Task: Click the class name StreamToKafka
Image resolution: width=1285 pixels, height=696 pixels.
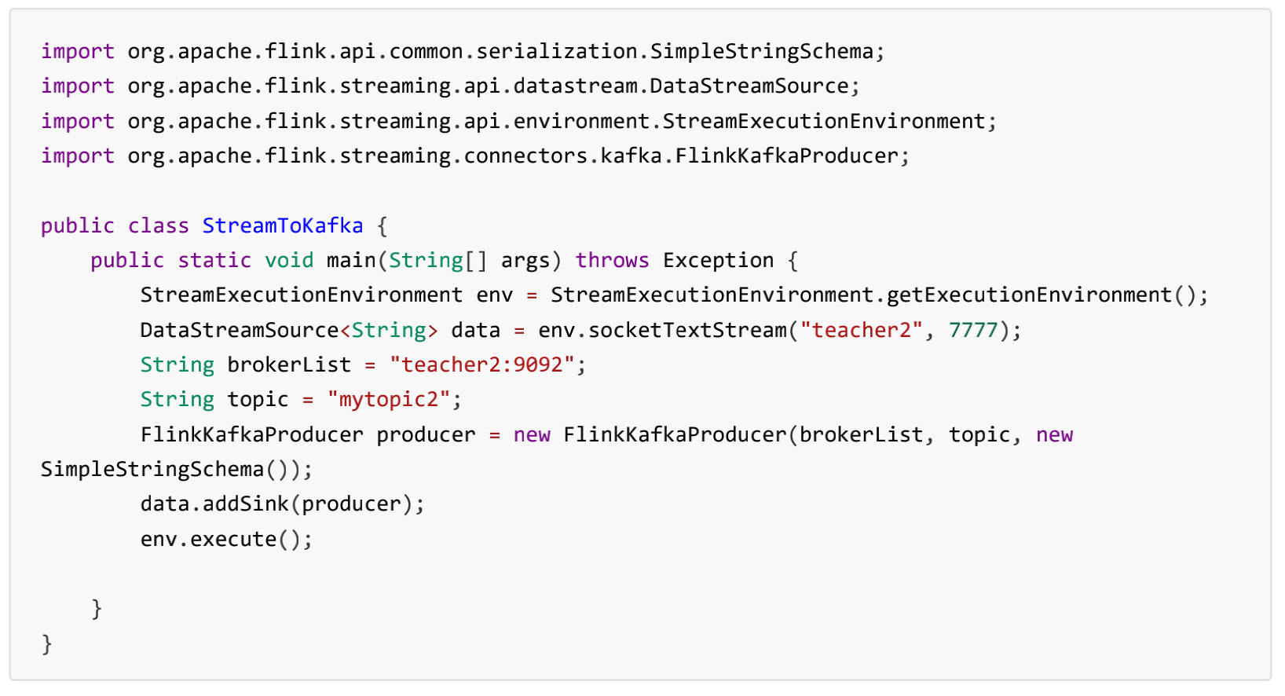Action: pyautogui.click(x=283, y=226)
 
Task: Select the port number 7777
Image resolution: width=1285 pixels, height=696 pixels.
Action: pyautogui.click(x=972, y=331)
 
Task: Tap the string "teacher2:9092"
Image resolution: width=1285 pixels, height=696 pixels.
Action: pyautogui.click(x=482, y=365)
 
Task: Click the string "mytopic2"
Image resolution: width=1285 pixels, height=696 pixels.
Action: pyautogui.click(x=388, y=400)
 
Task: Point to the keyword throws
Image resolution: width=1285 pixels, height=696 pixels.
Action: pyautogui.click(x=612, y=261)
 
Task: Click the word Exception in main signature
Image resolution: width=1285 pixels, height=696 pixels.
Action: pyautogui.click(x=718, y=261)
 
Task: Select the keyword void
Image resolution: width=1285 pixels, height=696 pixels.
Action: pyautogui.click(x=289, y=261)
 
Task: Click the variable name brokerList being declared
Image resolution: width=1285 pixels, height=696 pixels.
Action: pyautogui.click(x=289, y=365)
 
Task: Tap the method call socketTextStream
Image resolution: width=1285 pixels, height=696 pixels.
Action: pyautogui.click(x=687, y=331)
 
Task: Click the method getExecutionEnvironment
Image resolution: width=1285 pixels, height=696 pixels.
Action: pyautogui.click(x=1029, y=295)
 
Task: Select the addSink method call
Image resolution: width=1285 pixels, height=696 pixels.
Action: pyautogui.click(x=246, y=504)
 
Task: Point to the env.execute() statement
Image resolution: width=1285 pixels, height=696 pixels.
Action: pyautogui.click(x=226, y=540)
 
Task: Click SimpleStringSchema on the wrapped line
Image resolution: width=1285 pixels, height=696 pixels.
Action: pyautogui.click(x=152, y=470)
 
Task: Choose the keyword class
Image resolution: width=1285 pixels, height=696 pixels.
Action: pyautogui.click(x=159, y=226)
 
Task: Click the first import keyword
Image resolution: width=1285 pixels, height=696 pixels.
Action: pyautogui.click(x=78, y=52)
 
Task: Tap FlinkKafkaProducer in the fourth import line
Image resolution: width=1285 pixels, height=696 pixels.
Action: pyautogui.click(x=786, y=156)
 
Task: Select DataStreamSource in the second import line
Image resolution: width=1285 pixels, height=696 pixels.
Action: pyautogui.click(x=749, y=86)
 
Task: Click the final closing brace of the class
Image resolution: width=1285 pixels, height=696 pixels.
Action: pyautogui.click(x=47, y=644)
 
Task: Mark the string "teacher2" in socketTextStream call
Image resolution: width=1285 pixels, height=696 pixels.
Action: pyautogui.click(x=861, y=331)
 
